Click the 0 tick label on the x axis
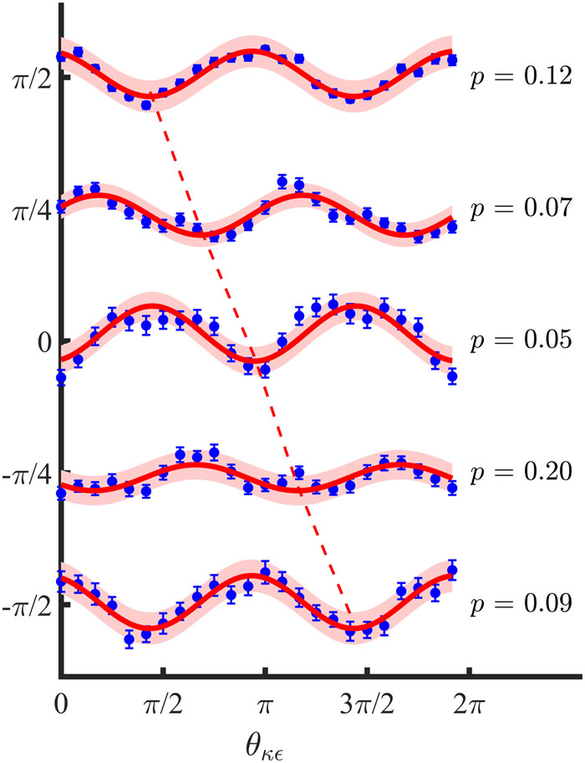pyautogui.click(x=59, y=698)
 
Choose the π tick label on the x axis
pyautogui.click(x=265, y=698)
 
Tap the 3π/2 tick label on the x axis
pyautogui.click(x=368, y=698)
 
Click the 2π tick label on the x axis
pyautogui.click(x=470, y=698)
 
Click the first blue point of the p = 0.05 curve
pyautogui.click(x=60, y=378)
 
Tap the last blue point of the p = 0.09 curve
pyautogui.click(x=452, y=571)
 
